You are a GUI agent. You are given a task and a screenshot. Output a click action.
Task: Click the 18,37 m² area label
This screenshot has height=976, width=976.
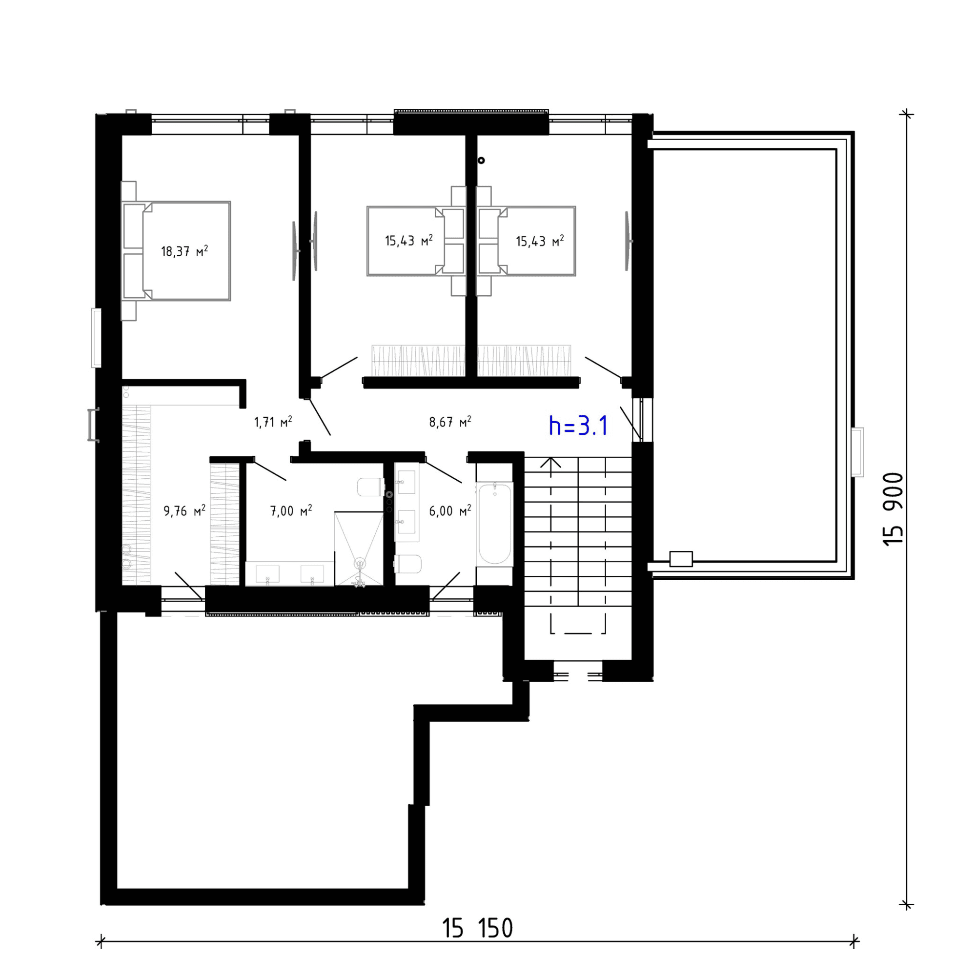(184, 251)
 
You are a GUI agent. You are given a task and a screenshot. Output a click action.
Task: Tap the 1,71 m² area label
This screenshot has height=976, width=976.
(273, 422)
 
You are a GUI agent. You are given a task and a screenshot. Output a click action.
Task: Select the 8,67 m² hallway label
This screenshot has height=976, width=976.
(450, 422)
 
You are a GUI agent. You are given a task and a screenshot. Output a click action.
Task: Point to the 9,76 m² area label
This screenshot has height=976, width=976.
(184, 511)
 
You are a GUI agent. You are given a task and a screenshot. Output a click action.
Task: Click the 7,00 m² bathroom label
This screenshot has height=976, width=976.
(291, 511)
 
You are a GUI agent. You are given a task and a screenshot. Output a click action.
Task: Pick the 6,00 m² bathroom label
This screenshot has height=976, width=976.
(450, 511)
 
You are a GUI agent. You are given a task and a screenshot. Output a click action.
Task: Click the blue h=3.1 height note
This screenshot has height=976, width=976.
(578, 426)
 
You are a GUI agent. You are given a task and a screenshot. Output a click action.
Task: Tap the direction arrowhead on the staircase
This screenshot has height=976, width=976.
(550, 462)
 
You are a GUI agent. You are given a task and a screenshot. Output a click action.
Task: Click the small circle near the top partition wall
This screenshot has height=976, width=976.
(481, 160)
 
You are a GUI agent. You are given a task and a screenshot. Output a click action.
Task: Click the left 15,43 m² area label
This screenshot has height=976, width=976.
(408, 241)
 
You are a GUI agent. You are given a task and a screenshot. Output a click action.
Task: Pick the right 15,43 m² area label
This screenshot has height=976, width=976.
(540, 241)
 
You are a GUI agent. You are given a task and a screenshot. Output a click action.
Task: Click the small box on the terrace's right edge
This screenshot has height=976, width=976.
(857, 452)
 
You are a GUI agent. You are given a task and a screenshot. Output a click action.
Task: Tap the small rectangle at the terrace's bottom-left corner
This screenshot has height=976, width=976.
(681, 559)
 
